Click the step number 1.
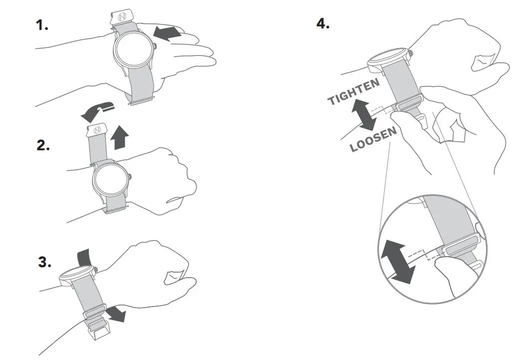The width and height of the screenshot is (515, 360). pyautogui.click(x=41, y=25)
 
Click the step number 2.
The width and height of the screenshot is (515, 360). pyautogui.click(x=43, y=146)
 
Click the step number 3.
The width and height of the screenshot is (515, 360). pyautogui.click(x=45, y=262)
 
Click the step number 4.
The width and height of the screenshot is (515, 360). pyautogui.click(x=323, y=23)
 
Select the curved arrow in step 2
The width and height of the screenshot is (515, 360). pyautogui.click(x=97, y=111)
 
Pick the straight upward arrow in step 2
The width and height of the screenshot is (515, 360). pyautogui.click(x=118, y=137)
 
